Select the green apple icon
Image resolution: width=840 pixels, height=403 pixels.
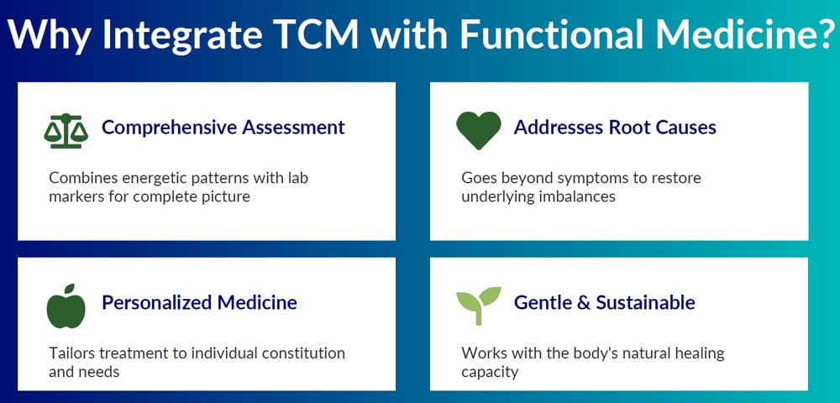(66, 305)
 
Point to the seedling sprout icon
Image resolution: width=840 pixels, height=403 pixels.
(478, 305)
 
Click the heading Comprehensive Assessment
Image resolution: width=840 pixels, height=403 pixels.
(223, 128)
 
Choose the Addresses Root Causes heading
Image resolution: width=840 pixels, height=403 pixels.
(615, 128)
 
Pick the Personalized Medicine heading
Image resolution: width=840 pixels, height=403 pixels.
(199, 302)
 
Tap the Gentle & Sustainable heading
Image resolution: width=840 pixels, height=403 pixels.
(604, 302)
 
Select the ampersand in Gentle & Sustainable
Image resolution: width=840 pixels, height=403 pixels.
(582, 302)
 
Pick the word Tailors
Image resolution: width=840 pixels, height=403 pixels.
(71, 353)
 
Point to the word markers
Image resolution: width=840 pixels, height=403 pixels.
(76, 196)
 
